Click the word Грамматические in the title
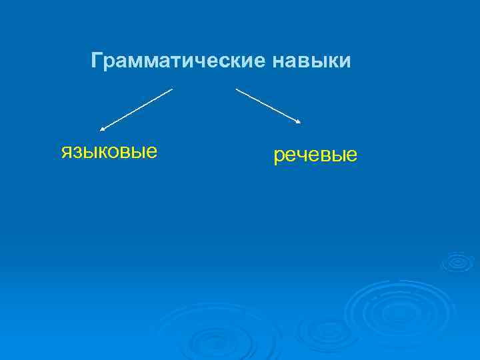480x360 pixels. [x=178, y=61]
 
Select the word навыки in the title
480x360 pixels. [x=311, y=61]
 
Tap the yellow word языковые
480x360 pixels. [x=109, y=151]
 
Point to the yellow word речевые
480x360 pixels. [x=315, y=156]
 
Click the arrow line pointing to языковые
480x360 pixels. [x=137, y=109]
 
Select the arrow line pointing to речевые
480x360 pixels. [x=268, y=105]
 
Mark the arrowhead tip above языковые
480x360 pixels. [x=101, y=129]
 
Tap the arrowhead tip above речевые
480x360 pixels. [x=301, y=123]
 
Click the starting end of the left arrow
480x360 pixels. [x=172, y=89]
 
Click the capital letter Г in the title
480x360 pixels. [x=97, y=61]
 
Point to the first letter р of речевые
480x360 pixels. [x=279, y=157]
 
